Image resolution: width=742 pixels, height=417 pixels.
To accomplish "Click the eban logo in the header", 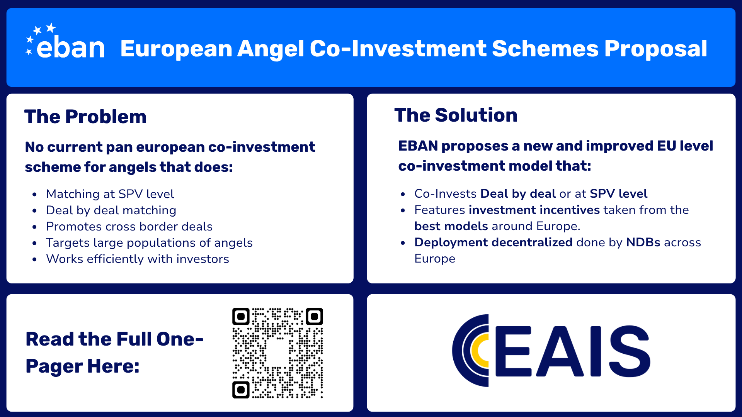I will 66,44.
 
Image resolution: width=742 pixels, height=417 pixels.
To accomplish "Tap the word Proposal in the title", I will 655,49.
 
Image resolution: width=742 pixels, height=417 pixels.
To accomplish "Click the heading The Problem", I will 85,117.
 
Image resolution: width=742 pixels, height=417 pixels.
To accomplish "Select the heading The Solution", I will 456,115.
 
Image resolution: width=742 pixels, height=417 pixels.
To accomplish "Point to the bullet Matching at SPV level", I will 110,194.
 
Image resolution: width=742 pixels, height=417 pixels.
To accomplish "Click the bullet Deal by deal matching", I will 111,210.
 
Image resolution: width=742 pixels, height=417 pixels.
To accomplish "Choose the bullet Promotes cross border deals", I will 129,226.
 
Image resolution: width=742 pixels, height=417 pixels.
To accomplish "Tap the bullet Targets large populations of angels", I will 149,242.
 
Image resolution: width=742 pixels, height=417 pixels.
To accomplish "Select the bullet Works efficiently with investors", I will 137,259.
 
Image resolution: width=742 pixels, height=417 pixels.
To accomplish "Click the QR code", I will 277,353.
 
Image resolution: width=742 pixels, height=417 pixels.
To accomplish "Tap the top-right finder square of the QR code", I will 314,317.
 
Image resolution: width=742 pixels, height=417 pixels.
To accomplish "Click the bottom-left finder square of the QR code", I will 241,390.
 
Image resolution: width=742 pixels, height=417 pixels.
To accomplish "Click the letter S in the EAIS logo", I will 629,351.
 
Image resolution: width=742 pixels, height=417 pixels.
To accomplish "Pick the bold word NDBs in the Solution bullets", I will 643,242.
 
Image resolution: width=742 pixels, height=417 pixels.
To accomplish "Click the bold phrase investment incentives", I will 534,210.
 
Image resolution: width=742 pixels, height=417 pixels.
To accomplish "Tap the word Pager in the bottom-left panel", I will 54,366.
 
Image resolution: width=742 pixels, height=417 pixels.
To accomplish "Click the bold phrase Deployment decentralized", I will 493,242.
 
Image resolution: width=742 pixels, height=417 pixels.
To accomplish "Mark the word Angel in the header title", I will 271,49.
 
